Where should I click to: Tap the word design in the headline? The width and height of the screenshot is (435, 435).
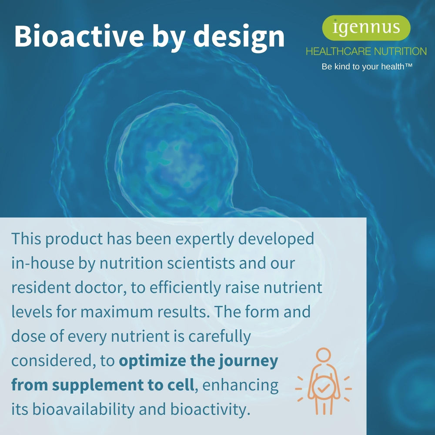(239, 38)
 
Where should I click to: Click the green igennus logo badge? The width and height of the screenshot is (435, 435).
(366, 28)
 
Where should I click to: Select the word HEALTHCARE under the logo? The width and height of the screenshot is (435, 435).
(338, 51)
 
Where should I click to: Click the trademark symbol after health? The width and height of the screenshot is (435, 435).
(408, 65)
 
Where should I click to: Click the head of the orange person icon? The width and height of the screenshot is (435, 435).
(324, 355)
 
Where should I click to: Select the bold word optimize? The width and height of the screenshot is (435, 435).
(152, 361)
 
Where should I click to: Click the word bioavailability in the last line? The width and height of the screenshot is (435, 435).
(83, 409)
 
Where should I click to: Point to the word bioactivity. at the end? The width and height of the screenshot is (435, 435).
(210, 409)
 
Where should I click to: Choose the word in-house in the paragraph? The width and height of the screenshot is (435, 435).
(43, 263)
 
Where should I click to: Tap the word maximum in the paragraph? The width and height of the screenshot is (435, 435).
(117, 312)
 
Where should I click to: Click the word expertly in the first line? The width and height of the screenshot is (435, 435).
(205, 239)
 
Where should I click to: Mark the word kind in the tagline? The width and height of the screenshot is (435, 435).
(342, 67)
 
